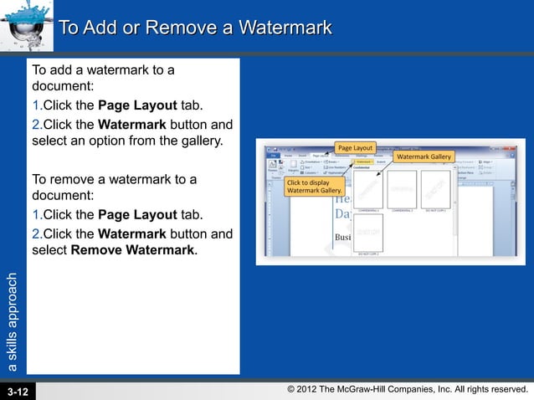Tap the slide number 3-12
[18, 391]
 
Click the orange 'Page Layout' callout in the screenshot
[356, 148]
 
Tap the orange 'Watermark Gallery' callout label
[423, 156]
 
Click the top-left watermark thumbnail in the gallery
[368, 188]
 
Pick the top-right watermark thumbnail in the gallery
[435, 188]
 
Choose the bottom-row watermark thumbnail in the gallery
[368, 231]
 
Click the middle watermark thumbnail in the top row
[402, 188]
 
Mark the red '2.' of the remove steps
[37, 232]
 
